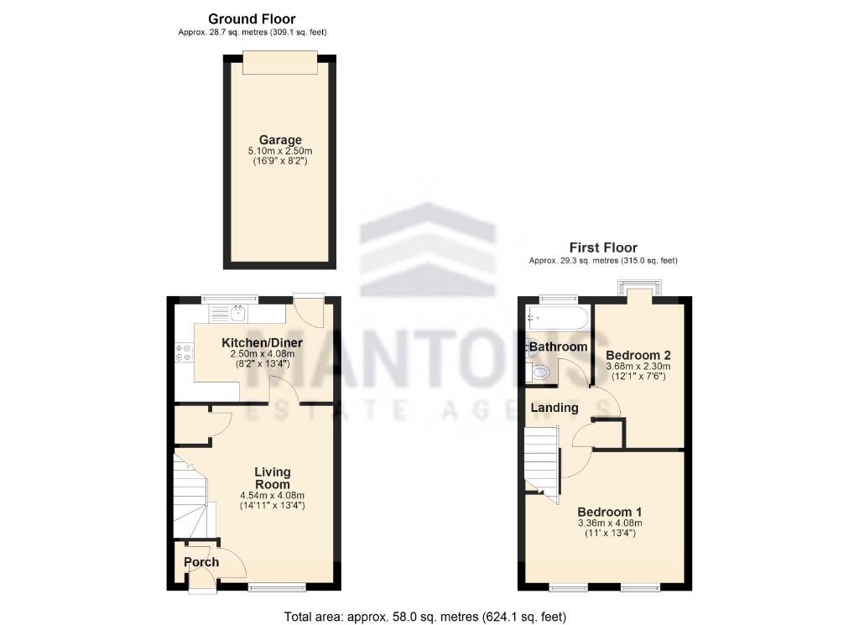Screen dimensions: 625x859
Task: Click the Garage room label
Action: point(280,140)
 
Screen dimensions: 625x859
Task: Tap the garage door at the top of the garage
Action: point(280,56)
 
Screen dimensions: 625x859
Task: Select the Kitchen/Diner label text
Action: point(262,343)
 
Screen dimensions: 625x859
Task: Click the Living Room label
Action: point(273,477)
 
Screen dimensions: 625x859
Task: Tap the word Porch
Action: point(201,562)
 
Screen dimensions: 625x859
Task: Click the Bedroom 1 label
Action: point(609,512)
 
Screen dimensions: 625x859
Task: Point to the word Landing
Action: point(554,408)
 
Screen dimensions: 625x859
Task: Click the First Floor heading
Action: point(603,247)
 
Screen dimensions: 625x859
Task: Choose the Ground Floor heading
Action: point(252,18)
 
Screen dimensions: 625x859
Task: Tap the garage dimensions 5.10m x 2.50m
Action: point(280,151)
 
